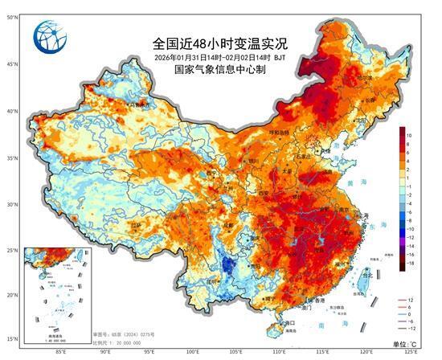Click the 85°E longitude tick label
[59, 351]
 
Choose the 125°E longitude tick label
[411, 351]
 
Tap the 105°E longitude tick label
[235, 351]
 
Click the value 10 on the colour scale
[410, 135]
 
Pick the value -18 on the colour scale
[410, 263]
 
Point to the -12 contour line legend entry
[411, 328]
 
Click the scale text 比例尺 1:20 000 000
[123, 338]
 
